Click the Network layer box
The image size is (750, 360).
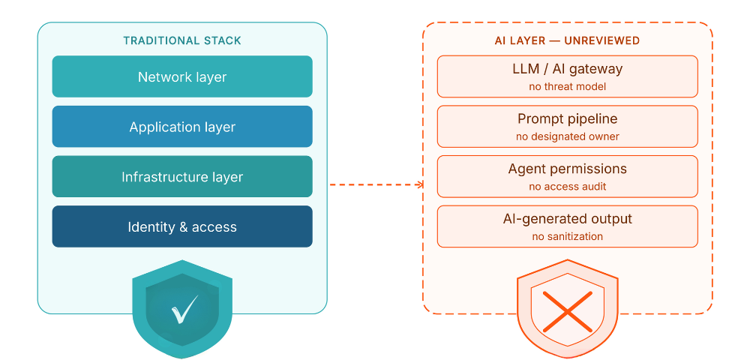point(182,76)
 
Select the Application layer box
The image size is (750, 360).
point(182,127)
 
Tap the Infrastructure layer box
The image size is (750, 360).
point(182,177)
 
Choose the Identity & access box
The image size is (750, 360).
point(182,226)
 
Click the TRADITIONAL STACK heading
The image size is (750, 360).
point(182,40)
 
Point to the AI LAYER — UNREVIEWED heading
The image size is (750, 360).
point(567,40)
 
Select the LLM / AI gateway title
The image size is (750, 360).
point(567,69)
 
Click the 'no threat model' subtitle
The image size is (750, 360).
point(567,86)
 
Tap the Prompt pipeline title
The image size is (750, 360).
point(567,118)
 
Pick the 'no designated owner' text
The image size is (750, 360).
point(567,136)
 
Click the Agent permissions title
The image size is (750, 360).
point(567,169)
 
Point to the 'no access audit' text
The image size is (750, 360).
point(567,187)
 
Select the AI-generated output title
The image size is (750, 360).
point(567,219)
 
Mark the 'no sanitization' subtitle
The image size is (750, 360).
point(567,236)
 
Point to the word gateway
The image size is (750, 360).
point(597,69)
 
